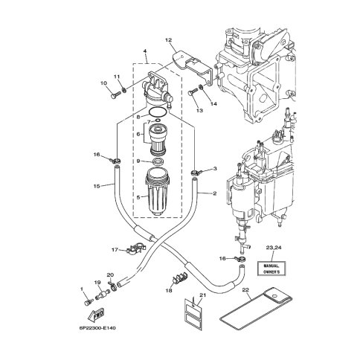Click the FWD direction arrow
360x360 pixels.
(x=96, y=315)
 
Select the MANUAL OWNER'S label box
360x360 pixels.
(x=271, y=269)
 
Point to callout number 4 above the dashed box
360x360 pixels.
(x=145, y=51)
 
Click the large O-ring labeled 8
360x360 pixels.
(x=158, y=112)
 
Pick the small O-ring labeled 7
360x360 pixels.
(x=158, y=120)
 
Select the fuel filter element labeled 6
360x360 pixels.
(x=158, y=140)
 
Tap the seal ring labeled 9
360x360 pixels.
(x=158, y=161)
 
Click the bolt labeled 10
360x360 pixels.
(x=115, y=94)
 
